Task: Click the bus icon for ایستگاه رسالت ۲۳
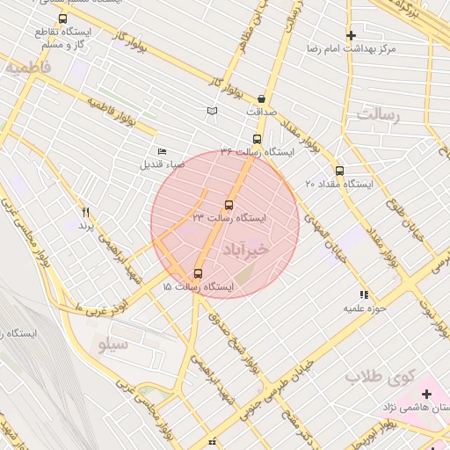pyautogui.click(x=229, y=205)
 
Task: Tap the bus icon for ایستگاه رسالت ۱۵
pyautogui.click(x=198, y=273)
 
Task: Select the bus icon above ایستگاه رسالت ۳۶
pyautogui.click(x=257, y=139)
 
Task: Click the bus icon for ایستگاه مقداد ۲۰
pyautogui.click(x=339, y=171)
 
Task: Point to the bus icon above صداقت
pyautogui.click(x=261, y=99)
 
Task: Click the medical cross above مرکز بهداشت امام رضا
pyautogui.click(x=351, y=36)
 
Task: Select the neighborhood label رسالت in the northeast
pyautogui.click(x=378, y=115)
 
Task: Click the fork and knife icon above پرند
pyautogui.click(x=85, y=212)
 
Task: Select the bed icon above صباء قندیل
pyautogui.click(x=161, y=152)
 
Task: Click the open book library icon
pyautogui.click(x=211, y=111)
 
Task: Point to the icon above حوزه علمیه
pyautogui.click(x=364, y=294)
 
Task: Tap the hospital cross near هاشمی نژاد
pyautogui.click(x=427, y=394)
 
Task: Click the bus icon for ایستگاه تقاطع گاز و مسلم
pyautogui.click(x=62, y=18)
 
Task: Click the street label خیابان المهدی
pyautogui.click(x=320, y=232)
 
